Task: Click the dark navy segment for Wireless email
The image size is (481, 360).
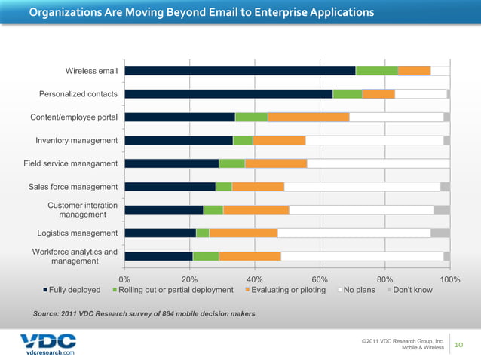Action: [240, 71]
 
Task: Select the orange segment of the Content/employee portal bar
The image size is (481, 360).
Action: [308, 117]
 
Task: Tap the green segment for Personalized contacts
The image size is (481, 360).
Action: [348, 94]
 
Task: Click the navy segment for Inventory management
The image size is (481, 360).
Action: [179, 140]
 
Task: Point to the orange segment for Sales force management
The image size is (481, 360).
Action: [258, 187]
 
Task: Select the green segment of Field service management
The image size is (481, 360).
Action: [231, 163]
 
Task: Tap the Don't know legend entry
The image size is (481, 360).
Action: [408, 290]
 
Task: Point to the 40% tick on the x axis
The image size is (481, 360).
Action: [255, 279]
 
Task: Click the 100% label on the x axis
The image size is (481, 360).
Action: [449, 279]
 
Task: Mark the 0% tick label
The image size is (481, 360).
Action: [125, 279]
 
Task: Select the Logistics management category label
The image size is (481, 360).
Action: [77, 233]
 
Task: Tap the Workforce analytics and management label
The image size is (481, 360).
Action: [74, 256]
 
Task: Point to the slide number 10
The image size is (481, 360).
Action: [461, 344]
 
